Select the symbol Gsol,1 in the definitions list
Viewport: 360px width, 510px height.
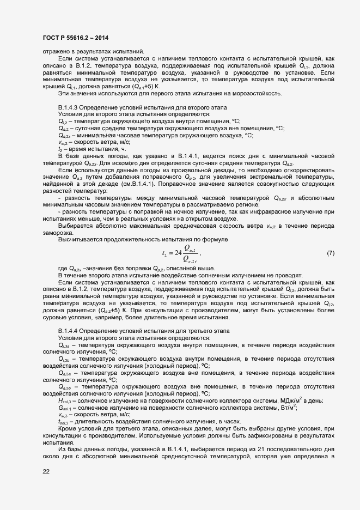[x=65, y=409]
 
